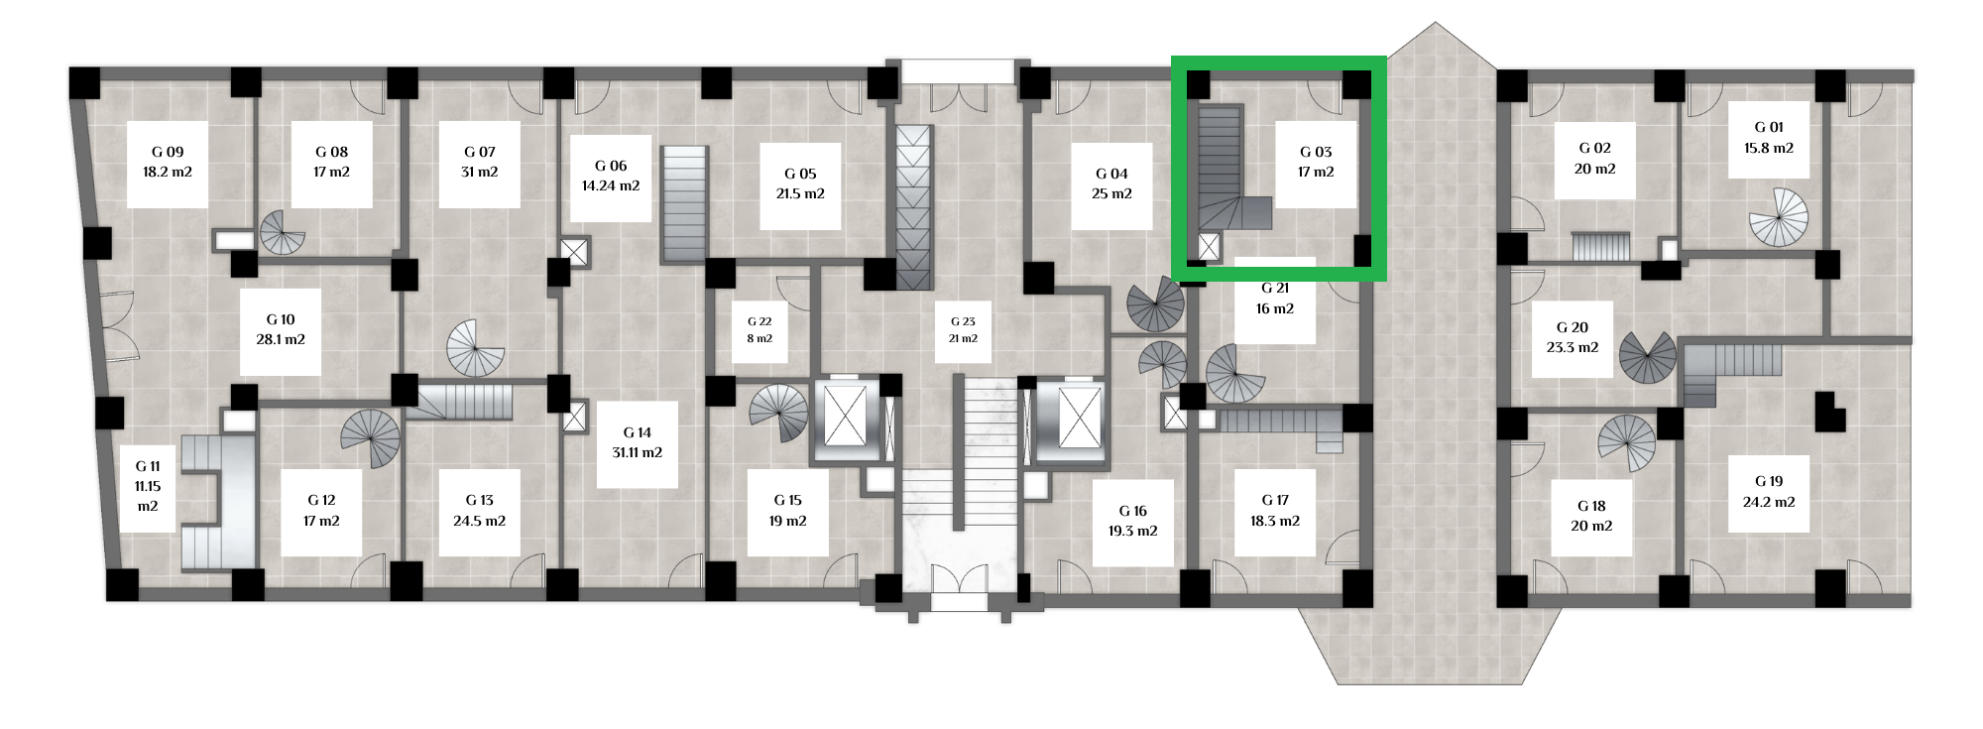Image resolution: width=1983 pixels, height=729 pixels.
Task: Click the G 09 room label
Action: coord(168,162)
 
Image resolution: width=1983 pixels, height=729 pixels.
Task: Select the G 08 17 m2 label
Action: coord(331,162)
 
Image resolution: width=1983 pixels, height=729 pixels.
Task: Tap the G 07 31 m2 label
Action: coord(480,162)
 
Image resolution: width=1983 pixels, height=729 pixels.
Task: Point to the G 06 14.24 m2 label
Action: coord(611,176)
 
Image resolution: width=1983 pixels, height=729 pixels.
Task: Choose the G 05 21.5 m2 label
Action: coord(800,183)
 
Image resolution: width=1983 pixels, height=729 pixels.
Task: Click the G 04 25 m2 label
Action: coord(1111,183)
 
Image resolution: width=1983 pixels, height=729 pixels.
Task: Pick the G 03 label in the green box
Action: coord(1316,162)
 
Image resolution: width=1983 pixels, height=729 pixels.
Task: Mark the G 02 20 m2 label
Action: coord(1594,159)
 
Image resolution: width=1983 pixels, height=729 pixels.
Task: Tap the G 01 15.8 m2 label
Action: coord(1769,138)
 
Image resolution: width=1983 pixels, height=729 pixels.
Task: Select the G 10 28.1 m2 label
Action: coord(281,329)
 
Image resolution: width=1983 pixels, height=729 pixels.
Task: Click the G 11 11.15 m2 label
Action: coord(148,486)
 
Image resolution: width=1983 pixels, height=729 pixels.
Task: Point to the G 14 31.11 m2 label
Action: coord(638,442)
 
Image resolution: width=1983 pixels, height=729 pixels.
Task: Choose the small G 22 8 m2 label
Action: coord(759,330)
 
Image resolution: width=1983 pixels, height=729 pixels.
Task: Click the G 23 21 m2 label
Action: coord(963,330)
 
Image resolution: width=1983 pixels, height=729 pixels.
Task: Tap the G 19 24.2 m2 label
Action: coord(1769,492)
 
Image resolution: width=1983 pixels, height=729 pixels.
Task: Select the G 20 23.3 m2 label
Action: coord(1573,337)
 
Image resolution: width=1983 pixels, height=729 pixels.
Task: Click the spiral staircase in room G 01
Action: coord(1778,217)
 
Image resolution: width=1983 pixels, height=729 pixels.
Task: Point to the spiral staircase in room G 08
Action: coord(283,233)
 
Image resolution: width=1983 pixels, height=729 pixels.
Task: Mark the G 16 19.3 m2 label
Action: coord(1132,521)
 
